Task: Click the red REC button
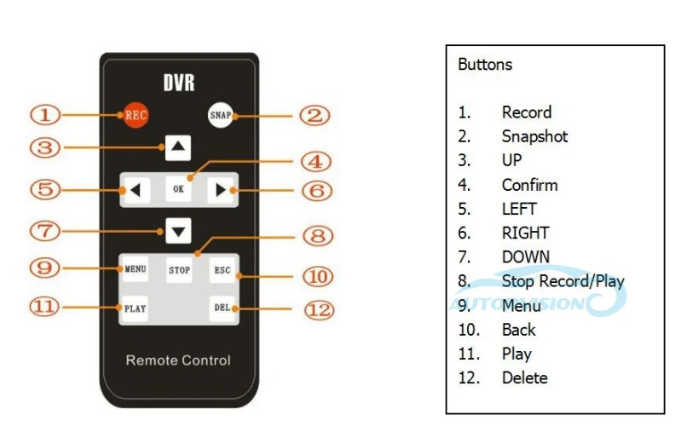[136, 114]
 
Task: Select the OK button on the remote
[178, 189]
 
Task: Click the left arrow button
[136, 189]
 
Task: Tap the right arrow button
[221, 189]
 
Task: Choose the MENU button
[136, 269]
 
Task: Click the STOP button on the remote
[179, 270]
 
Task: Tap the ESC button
[222, 270]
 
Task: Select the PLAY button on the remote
[136, 308]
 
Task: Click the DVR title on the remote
[179, 84]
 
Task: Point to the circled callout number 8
[315, 236]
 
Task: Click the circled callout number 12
[318, 308]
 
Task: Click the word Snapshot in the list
[534, 136]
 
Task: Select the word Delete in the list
[524, 377]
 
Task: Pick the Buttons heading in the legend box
[485, 65]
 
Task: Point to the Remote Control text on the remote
[178, 360]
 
